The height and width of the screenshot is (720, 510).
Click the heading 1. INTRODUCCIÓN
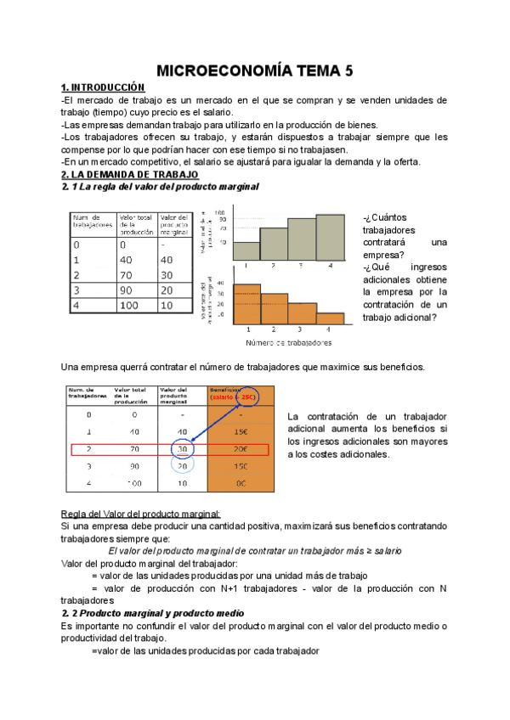pos(104,87)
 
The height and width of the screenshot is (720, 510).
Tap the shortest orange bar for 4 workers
pos(331,318)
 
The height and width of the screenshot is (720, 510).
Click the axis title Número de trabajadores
pos(289,343)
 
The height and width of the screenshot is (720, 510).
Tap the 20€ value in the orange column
pos(241,449)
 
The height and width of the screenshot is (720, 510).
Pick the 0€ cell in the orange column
pos(241,483)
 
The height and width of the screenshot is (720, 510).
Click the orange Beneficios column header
pos(241,396)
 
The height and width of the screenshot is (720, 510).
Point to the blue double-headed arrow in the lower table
pos(212,424)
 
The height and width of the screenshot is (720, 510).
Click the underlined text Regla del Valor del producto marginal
pos(141,514)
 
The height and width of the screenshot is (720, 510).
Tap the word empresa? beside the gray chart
pos(383,253)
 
